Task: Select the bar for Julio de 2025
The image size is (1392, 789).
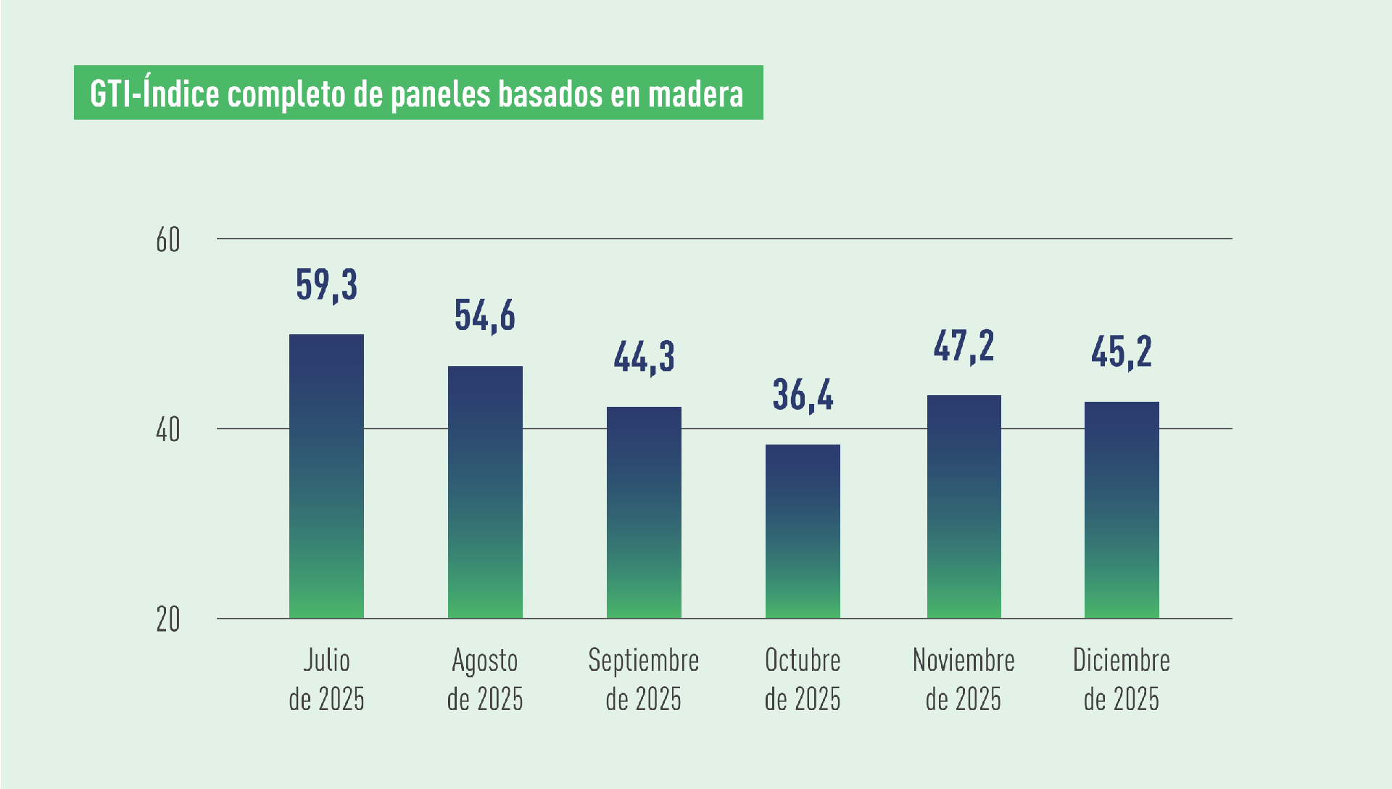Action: pyautogui.click(x=326, y=476)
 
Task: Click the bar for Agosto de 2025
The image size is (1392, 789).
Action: pyautogui.click(x=485, y=492)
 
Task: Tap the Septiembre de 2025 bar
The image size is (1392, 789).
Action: pyautogui.click(x=644, y=512)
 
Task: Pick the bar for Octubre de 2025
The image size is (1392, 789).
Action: pyautogui.click(x=803, y=531)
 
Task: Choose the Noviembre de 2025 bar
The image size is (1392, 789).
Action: pyautogui.click(x=964, y=506)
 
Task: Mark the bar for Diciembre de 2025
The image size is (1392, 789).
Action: pyautogui.click(x=1122, y=510)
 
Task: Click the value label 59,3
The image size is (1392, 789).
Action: pyautogui.click(x=326, y=284)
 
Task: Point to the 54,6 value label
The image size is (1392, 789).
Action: pyautogui.click(x=485, y=315)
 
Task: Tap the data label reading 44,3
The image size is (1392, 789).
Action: pyautogui.click(x=644, y=356)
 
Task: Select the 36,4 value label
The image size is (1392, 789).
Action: pyautogui.click(x=803, y=394)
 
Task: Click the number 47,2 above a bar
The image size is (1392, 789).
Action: pyautogui.click(x=964, y=345)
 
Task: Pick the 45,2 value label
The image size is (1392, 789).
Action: pyautogui.click(x=1122, y=352)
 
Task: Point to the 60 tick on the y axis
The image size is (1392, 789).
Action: pyautogui.click(x=167, y=240)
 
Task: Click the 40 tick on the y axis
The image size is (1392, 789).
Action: pyautogui.click(x=167, y=430)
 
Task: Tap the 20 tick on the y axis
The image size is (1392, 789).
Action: pyautogui.click(x=167, y=620)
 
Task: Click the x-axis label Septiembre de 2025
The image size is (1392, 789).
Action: pyautogui.click(x=644, y=679)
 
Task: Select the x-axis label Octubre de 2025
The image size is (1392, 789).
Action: pyautogui.click(x=803, y=679)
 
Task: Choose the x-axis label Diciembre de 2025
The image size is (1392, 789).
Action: pyautogui.click(x=1122, y=679)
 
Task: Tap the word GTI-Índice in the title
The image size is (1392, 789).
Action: pyautogui.click(x=154, y=93)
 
